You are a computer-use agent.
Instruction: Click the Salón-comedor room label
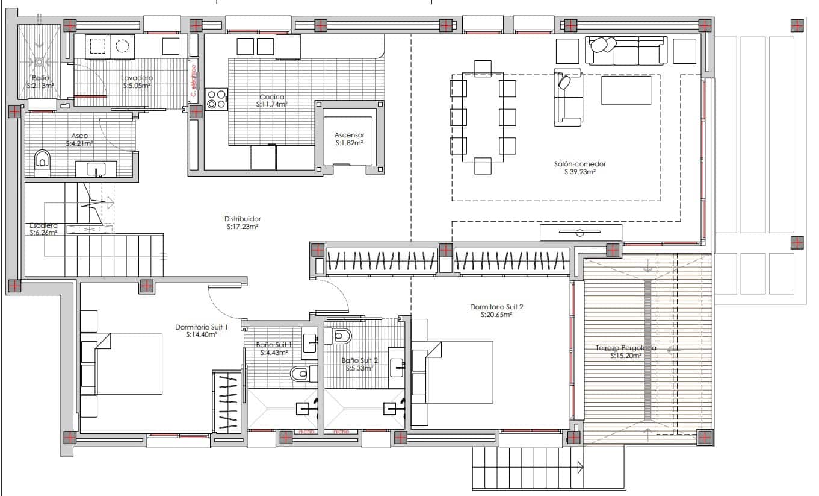tap(580, 163)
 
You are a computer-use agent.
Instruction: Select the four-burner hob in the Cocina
tap(217, 99)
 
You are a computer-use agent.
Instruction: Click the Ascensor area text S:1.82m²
tap(349, 143)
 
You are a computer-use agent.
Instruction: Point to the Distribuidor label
tap(243, 219)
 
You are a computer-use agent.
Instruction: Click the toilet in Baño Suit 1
tap(300, 374)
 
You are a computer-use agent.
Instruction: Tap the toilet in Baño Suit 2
tap(341, 336)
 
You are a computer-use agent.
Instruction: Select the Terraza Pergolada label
tap(626, 348)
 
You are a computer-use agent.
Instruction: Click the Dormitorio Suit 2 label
tap(496, 307)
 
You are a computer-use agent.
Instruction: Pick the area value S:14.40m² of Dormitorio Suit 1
tap(202, 334)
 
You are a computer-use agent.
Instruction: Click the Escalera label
tap(43, 225)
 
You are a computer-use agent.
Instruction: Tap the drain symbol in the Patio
tap(40, 61)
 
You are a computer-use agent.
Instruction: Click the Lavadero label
tap(137, 78)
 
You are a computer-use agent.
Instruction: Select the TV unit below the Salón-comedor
tap(580, 233)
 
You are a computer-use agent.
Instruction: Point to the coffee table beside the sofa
tap(626, 90)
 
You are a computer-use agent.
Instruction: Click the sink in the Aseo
tap(96, 169)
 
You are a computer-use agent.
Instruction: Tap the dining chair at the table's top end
tap(483, 67)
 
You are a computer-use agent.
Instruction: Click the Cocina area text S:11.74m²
tap(272, 104)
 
